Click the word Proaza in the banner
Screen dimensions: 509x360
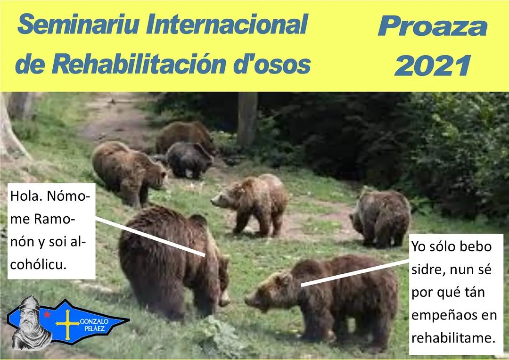[x=433, y=26]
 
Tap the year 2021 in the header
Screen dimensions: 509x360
[x=432, y=65]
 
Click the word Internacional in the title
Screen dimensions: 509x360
[x=227, y=25]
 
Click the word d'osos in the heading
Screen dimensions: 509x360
[x=272, y=64]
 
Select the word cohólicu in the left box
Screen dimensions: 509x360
[x=38, y=264]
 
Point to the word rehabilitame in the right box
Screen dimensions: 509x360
[x=453, y=338]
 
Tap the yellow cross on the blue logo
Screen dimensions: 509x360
[x=67, y=324]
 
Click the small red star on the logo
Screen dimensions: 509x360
[x=48, y=314]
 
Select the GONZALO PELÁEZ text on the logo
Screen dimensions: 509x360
[x=94, y=325]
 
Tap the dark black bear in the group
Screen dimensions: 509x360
[x=189, y=160]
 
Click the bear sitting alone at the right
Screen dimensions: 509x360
[x=380, y=217]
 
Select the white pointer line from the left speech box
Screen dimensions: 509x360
[x=150, y=237]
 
